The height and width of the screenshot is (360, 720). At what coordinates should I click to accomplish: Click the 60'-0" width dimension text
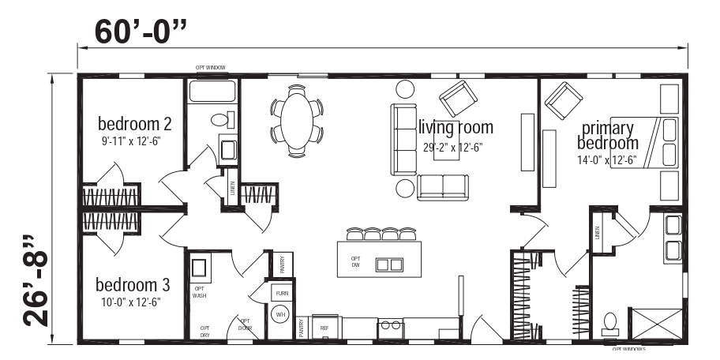pos(141,32)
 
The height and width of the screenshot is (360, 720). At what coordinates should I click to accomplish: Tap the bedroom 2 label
pos(135,124)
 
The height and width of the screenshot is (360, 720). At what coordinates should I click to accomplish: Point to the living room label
pos(456,127)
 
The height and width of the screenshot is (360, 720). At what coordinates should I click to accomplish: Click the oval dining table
pos(296,120)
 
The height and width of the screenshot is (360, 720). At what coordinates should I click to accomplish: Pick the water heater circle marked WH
pos(280,313)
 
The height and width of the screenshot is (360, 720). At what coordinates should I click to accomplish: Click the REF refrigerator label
pos(324,327)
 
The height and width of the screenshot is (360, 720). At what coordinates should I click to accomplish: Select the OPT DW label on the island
pos(355,261)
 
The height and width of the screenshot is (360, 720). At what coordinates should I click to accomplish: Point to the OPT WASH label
pos(199,292)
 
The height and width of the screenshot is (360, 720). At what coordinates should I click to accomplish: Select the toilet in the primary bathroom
pos(609,322)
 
